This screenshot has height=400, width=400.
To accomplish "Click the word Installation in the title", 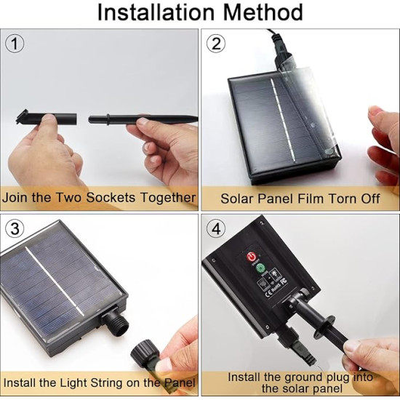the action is click(x=156, y=12).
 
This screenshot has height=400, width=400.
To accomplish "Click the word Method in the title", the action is click(x=263, y=12).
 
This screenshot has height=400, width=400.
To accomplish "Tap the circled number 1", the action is click(x=15, y=44).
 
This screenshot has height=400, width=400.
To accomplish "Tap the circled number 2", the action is click(x=216, y=44).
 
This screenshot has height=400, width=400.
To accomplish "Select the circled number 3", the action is click(x=15, y=228).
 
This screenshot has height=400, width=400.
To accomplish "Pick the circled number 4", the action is click(x=216, y=228).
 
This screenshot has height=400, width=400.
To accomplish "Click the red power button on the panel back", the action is click(x=252, y=257).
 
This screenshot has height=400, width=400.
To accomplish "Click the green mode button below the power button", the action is click(x=260, y=268).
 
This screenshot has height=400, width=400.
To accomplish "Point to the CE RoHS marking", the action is click(x=276, y=287).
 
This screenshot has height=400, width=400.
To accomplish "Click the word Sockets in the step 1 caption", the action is click(x=111, y=197).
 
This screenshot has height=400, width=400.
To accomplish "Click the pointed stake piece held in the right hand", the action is click(x=143, y=119).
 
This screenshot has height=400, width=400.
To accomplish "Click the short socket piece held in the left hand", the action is click(x=46, y=118).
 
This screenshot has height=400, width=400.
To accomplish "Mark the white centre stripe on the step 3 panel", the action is click(x=55, y=281).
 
